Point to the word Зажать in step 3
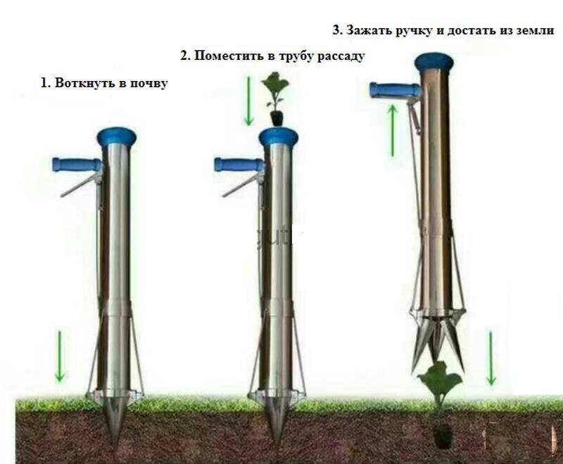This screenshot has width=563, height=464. (x=367, y=30)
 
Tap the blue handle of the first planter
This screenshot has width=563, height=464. (x=74, y=165)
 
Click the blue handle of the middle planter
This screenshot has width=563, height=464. (x=236, y=165)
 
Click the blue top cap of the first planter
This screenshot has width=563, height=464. (x=116, y=134)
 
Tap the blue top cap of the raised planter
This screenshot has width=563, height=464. (x=434, y=62)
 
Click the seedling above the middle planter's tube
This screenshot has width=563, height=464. (x=274, y=95)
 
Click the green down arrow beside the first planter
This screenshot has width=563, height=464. (x=60, y=356)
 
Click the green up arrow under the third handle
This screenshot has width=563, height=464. (x=393, y=130)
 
